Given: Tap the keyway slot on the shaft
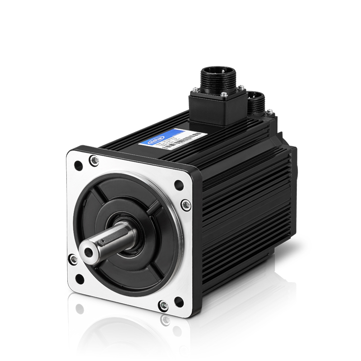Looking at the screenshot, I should click(x=111, y=239).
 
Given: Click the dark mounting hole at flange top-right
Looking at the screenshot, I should click(x=179, y=184).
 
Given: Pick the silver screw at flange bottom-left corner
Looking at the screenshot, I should click(x=73, y=259).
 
